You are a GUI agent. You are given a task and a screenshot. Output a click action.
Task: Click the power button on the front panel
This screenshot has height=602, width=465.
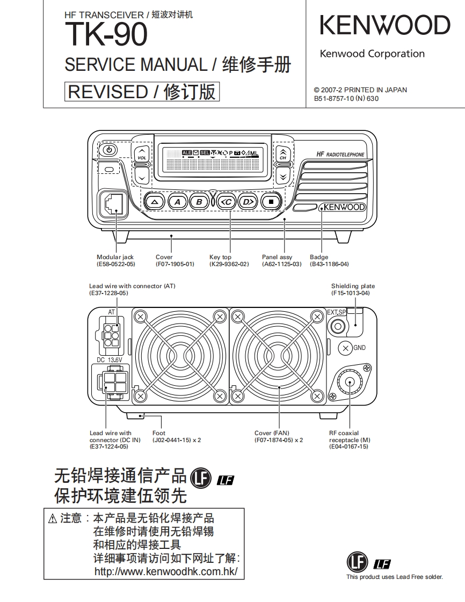pyautogui.click(x=109, y=151)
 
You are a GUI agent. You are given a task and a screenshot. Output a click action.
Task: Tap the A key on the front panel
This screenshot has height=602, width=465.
pyautogui.click(x=178, y=202)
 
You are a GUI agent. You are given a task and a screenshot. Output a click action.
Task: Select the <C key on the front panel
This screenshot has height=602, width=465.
pyautogui.click(x=226, y=202)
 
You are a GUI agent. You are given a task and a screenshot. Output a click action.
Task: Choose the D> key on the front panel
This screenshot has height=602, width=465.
pyautogui.click(x=248, y=202)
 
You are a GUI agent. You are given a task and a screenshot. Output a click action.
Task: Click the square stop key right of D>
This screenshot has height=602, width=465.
pyautogui.click(x=271, y=202)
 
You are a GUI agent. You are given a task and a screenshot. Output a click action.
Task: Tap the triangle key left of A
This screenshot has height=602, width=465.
pyautogui.click(x=154, y=202)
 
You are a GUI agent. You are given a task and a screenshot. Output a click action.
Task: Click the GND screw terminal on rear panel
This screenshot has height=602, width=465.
pyautogui.click(x=345, y=348)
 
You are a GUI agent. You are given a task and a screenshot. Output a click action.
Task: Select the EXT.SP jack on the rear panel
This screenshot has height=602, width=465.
pyautogui.click(x=338, y=326)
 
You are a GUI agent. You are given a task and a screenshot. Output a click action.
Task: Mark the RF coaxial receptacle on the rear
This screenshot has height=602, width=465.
pyautogui.click(x=349, y=382)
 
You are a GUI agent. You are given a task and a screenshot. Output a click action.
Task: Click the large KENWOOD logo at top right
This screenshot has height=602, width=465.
pyautogui.click(x=384, y=26)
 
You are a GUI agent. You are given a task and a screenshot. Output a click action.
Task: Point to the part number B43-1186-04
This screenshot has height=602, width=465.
pyautogui.click(x=329, y=264)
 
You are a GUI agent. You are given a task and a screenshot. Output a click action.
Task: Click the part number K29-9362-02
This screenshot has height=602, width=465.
pyautogui.click(x=229, y=264)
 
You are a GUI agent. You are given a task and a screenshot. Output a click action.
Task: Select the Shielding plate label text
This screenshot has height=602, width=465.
pyautogui.click(x=353, y=286)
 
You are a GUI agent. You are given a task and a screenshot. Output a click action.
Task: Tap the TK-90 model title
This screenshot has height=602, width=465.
pyautogui.click(x=106, y=35)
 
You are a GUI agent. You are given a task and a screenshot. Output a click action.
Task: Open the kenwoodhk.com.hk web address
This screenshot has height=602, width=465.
pyautogui.click(x=166, y=571)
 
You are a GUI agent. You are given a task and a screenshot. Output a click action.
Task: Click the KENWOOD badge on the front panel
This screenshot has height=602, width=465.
pyautogui.click(x=343, y=207)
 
